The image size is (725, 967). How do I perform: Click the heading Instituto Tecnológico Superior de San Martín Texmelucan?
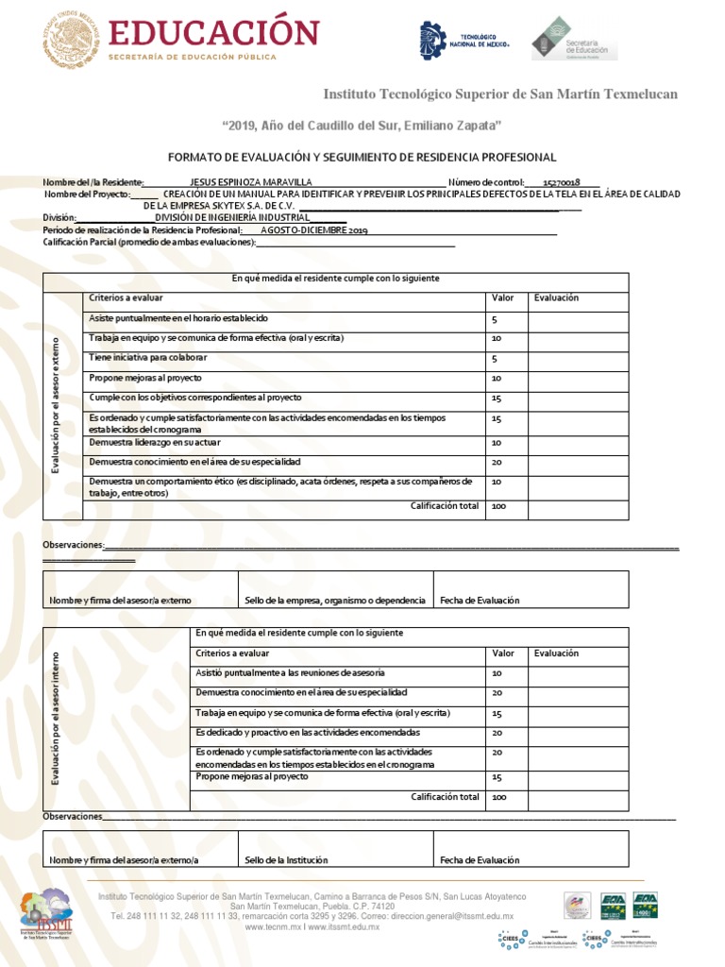pyautogui.click(x=500, y=93)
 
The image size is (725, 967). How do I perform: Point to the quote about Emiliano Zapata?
pyautogui.click(x=361, y=126)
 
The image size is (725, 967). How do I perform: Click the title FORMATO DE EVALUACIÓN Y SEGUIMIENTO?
pyautogui.click(x=362, y=157)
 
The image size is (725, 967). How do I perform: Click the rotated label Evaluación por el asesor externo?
pyautogui.click(x=56, y=404)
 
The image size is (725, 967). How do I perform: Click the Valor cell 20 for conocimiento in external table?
pyautogui.click(x=497, y=462)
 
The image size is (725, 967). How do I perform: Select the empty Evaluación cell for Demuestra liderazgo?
pyautogui.click(x=577, y=443)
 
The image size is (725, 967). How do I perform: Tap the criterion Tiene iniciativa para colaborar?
pyautogui.click(x=148, y=358)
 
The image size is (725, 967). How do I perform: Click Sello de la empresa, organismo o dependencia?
pyautogui.click(x=334, y=600)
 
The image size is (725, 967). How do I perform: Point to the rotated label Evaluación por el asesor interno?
pyautogui.click(x=56, y=718)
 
